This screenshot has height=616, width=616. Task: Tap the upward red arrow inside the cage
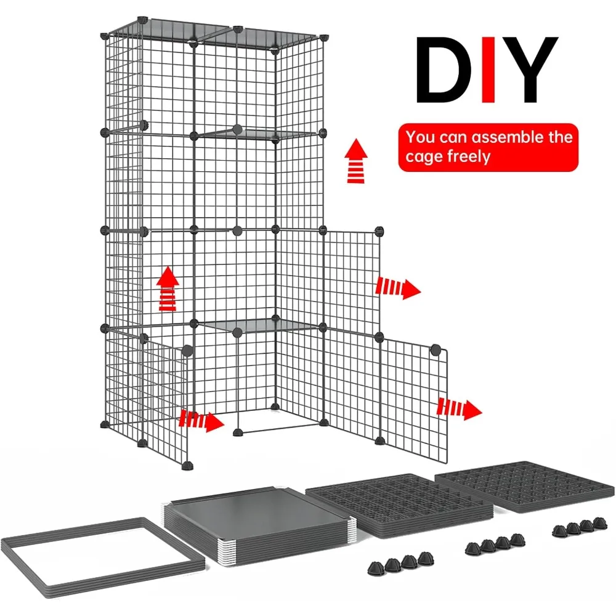point(167,290)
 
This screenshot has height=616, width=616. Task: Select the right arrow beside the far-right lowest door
point(460,408)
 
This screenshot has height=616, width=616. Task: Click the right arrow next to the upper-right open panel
point(398,287)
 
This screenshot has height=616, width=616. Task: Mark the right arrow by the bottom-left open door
point(201,421)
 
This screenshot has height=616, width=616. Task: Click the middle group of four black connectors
point(489,544)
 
